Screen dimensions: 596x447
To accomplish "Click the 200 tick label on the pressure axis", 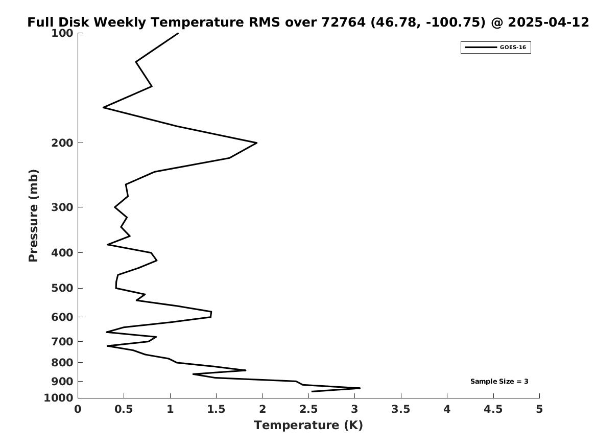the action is click(62, 143).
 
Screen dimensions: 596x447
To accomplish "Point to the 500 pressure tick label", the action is click(62, 288).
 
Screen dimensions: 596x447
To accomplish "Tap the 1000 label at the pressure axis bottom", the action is click(59, 398).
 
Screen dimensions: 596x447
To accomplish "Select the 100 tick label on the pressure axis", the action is click(62, 33).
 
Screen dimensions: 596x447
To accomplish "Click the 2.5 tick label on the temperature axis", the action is click(308, 409).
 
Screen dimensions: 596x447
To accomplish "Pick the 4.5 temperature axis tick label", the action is click(493, 409).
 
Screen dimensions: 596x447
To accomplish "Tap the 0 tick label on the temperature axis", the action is click(78, 409).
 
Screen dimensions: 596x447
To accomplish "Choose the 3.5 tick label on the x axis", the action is click(400, 409).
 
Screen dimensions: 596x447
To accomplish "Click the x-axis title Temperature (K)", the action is click(308, 425).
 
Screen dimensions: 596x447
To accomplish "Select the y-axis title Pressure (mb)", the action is click(33, 216).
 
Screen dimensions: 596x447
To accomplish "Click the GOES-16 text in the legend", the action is click(513, 48).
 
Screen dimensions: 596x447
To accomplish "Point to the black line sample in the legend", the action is click(481, 48).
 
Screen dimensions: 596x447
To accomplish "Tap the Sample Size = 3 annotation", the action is click(499, 381).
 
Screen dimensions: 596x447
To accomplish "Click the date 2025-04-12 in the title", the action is click(548, 22).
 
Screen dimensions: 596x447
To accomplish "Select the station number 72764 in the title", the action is click(343, 22).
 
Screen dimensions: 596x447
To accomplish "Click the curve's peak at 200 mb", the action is click(257, 143).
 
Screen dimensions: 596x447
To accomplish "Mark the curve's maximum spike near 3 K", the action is click(360, 388).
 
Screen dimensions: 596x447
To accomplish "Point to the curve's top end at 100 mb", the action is click(178, 33).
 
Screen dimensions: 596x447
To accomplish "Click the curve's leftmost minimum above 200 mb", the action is click(103, 108).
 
